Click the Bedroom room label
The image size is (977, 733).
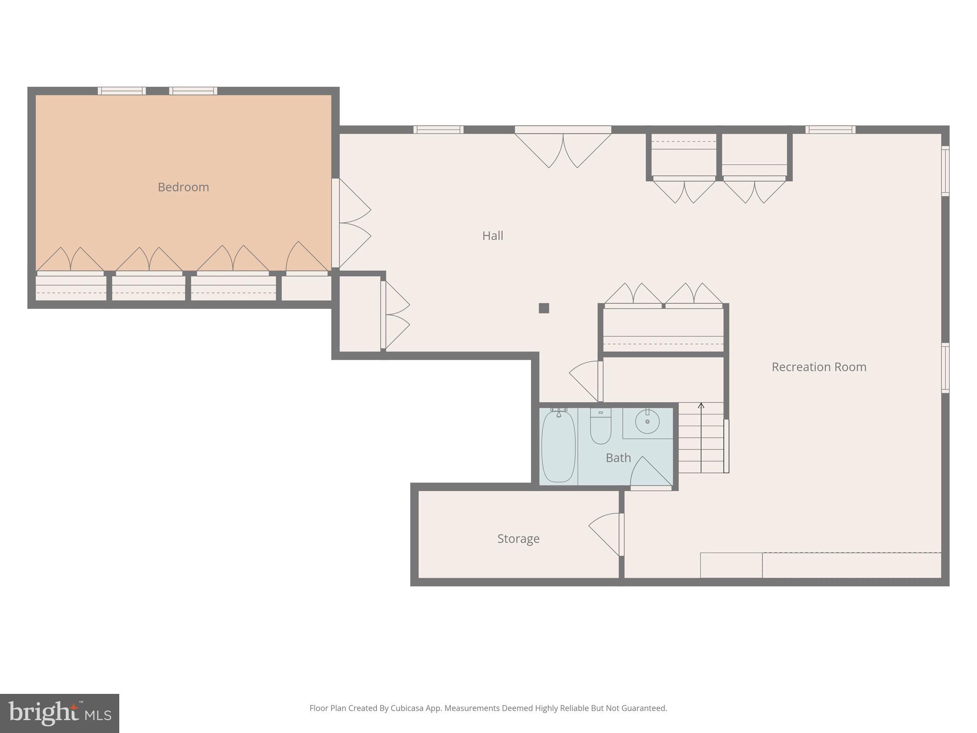(183, 187)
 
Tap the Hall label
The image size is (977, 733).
(492, 236)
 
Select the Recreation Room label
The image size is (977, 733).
(819, 367)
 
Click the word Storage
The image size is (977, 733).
(518, 539)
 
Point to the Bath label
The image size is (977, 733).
(618, 458)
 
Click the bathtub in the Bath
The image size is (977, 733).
(558, 446)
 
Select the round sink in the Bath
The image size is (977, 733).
(647, 422)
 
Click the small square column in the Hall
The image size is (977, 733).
(544, 308)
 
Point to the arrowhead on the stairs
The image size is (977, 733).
(701, 406)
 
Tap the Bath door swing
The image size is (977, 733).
(650, 472)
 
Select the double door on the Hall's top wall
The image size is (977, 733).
(563, 148)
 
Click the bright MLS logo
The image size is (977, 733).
(60, 713)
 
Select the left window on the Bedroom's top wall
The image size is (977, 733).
(122, 91)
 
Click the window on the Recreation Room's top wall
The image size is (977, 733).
(830, 129)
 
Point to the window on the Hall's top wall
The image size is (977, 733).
(438, 129)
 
